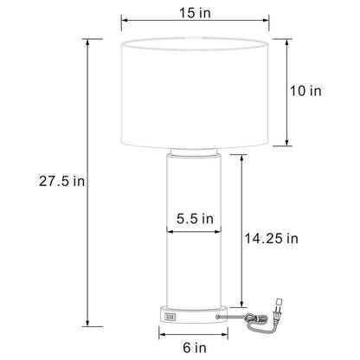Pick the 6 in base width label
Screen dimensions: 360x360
point(196,347)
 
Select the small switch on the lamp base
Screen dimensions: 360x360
point(168,318)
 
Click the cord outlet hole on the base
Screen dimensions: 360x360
point(215,318)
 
